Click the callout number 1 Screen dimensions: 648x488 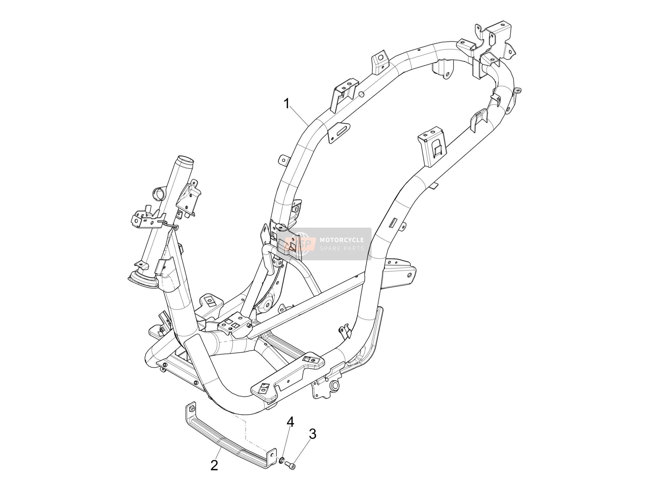[287, 104]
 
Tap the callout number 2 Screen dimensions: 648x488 [215, 465]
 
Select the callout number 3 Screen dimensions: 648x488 [313, 434]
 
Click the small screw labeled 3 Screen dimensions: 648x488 [290, 465]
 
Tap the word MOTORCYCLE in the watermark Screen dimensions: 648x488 [342, 240]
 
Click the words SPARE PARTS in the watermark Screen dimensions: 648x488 [342, 249]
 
